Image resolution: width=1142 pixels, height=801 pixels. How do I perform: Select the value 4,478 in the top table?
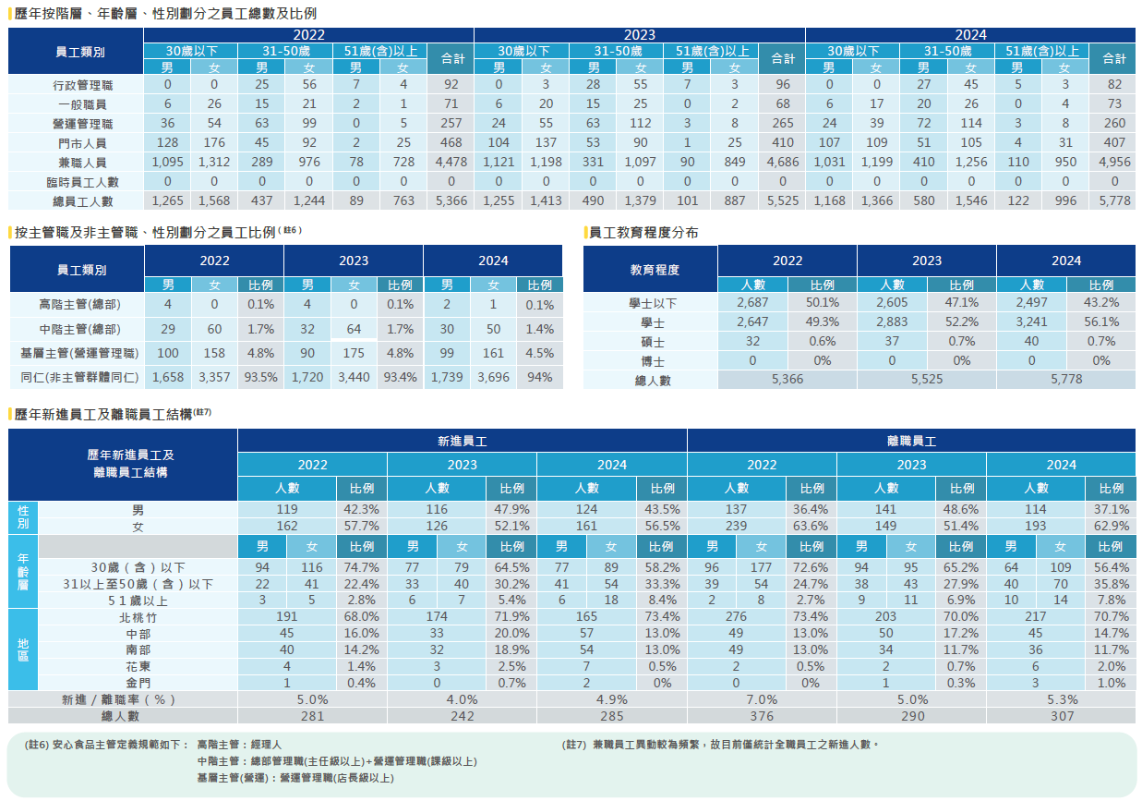click(451, 162)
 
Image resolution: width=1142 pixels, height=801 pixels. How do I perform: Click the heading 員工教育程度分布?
click(643, 233)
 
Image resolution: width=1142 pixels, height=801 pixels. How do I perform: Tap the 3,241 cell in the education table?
click(1030, 322)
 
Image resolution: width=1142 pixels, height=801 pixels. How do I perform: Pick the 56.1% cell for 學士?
click(1100, 322)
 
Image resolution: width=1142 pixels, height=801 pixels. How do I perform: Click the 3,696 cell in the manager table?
click(493, 377)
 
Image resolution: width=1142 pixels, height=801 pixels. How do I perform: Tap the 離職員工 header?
click(911, 442)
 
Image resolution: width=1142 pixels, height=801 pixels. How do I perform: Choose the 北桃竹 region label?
click(138, 616)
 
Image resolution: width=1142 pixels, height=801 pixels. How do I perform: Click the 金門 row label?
click(138, 683)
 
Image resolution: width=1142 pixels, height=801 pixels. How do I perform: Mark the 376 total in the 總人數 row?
click(762, 716)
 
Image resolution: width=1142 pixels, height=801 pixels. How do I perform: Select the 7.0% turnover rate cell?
click(762, 699)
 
